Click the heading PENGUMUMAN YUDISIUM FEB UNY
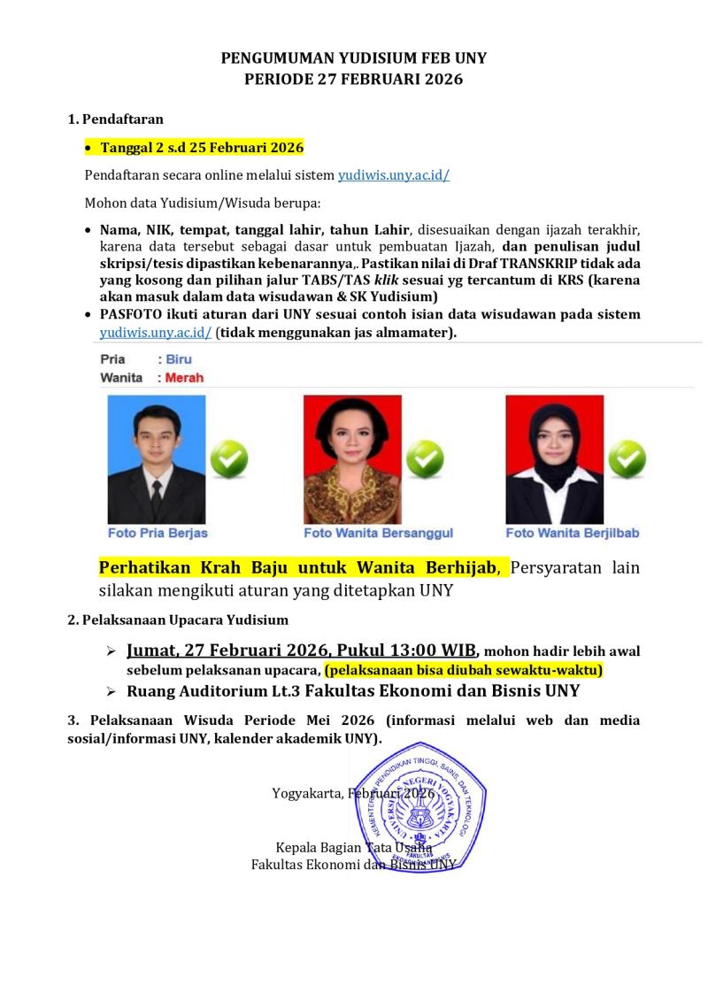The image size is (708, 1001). coord(353,58)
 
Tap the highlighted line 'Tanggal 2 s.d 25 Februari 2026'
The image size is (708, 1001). coord(202,147)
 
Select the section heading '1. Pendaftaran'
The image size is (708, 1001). coord(116,119)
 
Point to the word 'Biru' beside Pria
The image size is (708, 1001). coord(178,359)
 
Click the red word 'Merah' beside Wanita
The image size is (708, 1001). coord(184,378)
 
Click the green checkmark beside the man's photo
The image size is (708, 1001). coord(228,458)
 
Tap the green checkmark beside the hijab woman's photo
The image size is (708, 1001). coord(626,458)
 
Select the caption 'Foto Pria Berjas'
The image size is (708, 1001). coord(158,534)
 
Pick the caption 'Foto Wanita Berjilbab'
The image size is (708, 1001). coord(572,534)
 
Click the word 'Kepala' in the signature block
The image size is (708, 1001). coord(296,847)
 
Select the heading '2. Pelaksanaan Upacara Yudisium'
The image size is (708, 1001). coord(178,620)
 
